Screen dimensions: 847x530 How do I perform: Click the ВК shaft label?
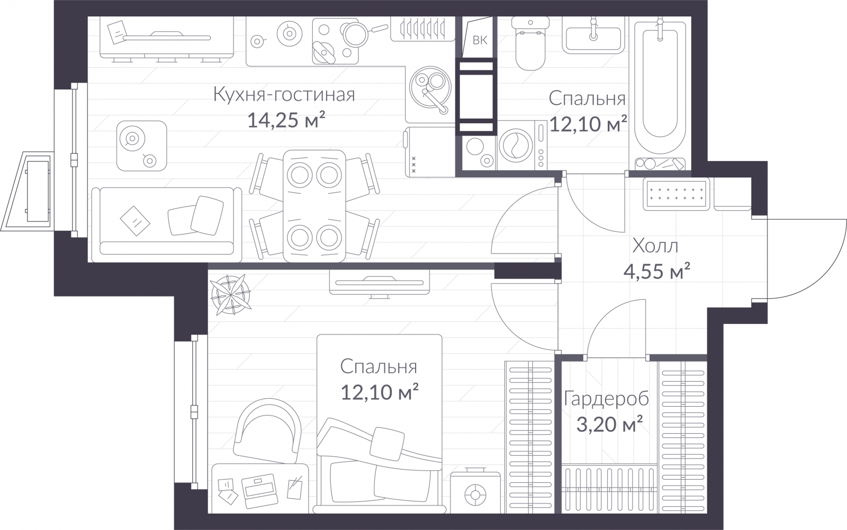click(x=480, y=40)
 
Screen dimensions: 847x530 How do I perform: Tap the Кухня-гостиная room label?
click(x=284, y=95)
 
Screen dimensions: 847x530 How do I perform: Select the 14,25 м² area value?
click(x=286, y=120)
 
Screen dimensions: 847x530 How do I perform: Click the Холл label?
click(x=655, y=246)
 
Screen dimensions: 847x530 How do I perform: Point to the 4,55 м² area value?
click(x=657, y=271)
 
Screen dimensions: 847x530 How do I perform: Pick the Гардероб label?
click(x=606, y=399)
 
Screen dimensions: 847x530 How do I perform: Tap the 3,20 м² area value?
click(x=609, y=424)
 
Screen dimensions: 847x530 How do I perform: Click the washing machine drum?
click(x=516, y=145)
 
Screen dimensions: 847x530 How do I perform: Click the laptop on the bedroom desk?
click(x=259, y=491)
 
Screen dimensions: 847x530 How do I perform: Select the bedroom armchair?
click(x=267, y=432)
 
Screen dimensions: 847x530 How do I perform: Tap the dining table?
click(x=314, y=206)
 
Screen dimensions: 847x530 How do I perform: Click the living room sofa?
click(x=166, y=225)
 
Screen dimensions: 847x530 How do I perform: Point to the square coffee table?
click(x=141, y=146)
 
